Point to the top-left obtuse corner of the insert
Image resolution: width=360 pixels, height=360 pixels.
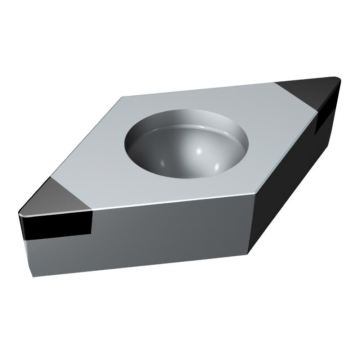click(122, 97)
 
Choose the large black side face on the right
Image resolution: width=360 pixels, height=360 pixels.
click(288, 180)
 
